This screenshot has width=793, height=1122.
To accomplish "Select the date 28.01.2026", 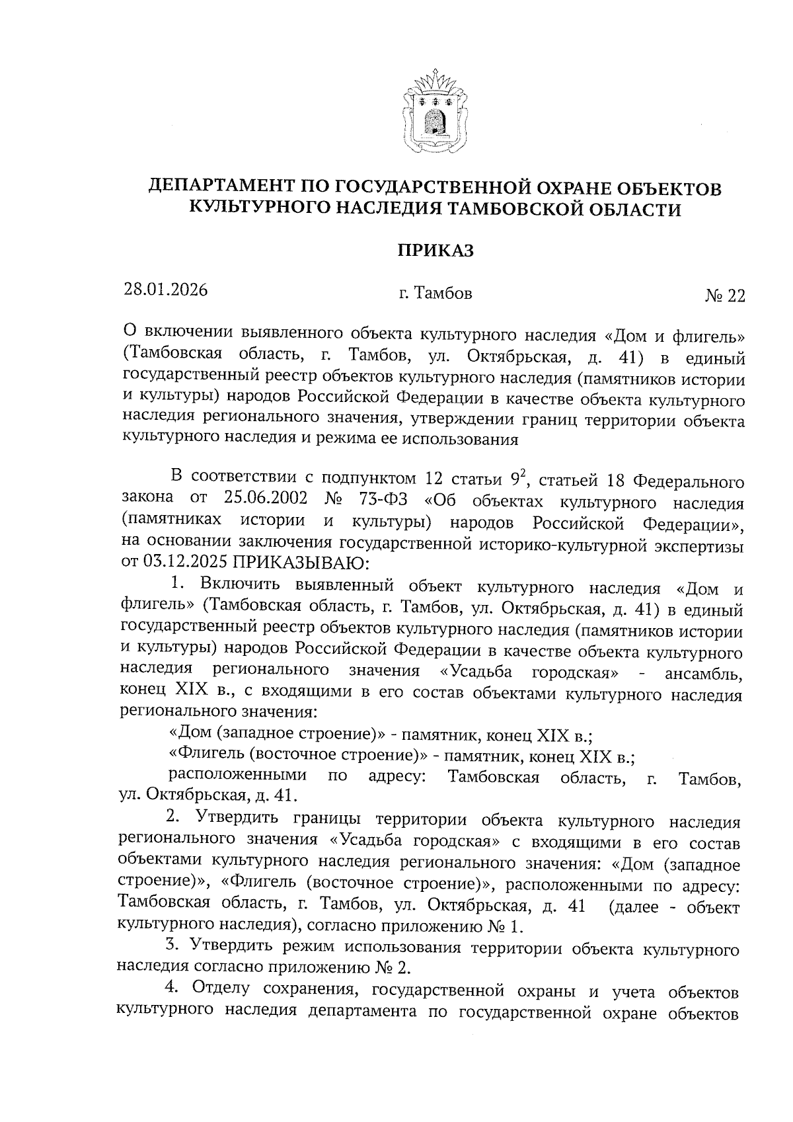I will click(165, 290).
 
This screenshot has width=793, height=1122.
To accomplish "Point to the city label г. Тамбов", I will click(435, 294).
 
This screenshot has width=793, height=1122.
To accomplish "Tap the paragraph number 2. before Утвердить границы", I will click(176, 821).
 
